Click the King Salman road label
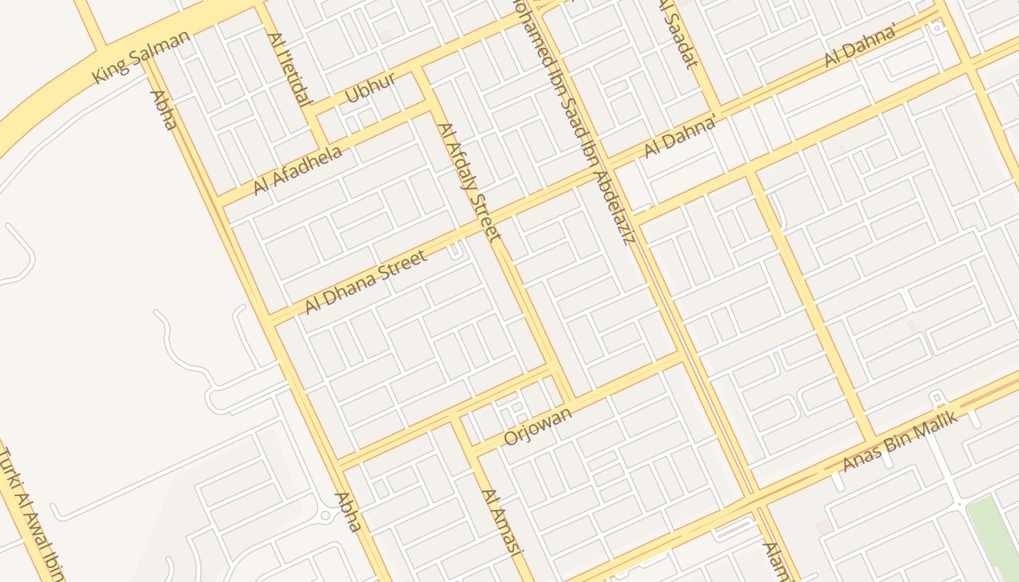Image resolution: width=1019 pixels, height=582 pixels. pyautogui.click(x=141, y=56)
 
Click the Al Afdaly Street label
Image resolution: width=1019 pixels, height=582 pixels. pyautogui.click(x=469, y=181)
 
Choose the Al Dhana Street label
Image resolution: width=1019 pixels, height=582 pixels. pyautogui.click(x=365, y=282)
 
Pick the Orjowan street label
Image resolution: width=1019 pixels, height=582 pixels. pyautogui.click(x=538, y=426)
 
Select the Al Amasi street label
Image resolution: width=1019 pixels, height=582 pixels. pyautogui.click(x=502, y=522)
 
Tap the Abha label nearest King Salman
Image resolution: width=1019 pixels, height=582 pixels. pyautogui.click(x=163, y=110)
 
